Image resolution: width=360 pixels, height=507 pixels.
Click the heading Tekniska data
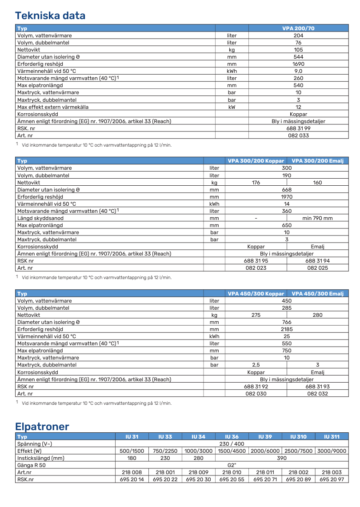coord(50,16)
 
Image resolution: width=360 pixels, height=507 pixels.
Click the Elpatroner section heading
coord(42,427)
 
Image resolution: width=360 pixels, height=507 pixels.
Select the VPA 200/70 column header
coord(298,28)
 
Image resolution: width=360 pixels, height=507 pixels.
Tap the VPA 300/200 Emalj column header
coord(317,161)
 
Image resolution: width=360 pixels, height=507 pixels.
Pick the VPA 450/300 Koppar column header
coord(256,294)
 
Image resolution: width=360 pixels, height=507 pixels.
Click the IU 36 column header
coord(232,437)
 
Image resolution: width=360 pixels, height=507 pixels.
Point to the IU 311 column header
coord(332,437)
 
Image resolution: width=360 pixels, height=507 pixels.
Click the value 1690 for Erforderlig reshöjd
coord(298,64)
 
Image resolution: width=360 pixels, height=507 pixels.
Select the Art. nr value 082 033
coord(298,135)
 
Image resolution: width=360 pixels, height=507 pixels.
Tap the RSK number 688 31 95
coord(256,261)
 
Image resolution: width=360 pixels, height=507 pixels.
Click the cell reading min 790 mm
coord(317,218)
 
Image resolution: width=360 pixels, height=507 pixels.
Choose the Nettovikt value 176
coord(256,183)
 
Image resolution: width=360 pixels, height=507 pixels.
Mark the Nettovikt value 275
coord(256,315)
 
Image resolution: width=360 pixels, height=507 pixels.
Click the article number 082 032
coord(317,394)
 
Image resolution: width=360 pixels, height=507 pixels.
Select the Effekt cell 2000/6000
coord(265,451)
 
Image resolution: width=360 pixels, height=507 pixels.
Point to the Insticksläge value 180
coord(132,458)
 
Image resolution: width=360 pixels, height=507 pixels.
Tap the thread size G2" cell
coord(232,465)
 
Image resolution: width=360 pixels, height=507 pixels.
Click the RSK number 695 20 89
coord(298,479)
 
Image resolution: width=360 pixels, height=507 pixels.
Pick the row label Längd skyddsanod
coord(40,218)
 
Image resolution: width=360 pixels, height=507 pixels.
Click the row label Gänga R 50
coord(32,465)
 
